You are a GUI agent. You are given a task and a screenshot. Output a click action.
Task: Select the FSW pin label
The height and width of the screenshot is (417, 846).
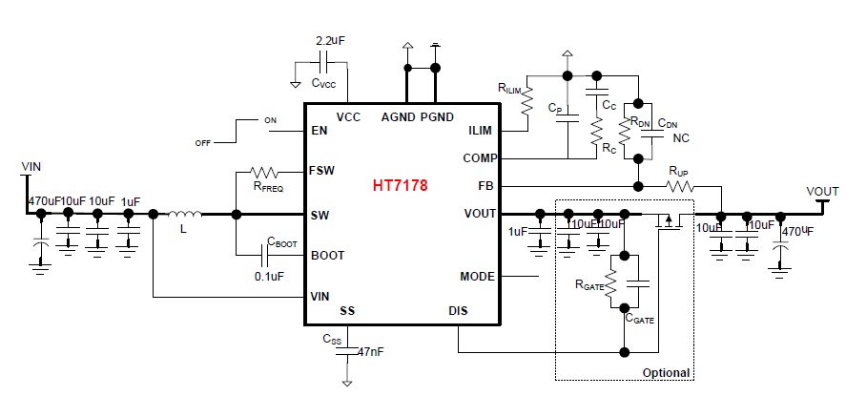tap(321, 173)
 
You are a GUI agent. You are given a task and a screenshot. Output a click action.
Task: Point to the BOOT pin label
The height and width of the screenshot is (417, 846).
tap(327, 256)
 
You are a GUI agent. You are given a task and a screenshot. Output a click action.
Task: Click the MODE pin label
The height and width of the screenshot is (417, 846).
tap(477, 277)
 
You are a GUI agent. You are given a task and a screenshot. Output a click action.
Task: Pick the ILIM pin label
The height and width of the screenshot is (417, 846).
tap(481, 131)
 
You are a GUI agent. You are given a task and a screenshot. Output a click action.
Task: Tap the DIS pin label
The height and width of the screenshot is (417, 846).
tap(458, 310)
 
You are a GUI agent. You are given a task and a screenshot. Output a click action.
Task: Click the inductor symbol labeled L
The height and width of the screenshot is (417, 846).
tap(187, 214)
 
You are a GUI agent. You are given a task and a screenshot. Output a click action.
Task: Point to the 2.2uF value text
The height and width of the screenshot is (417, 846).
tap(332, 42)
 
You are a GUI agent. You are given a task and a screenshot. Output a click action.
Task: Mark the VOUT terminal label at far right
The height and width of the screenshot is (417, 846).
tap(822, 191)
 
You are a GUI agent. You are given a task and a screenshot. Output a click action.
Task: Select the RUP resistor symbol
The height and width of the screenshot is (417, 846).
tap(678, 185)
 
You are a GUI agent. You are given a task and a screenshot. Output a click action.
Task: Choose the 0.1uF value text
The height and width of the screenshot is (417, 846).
tap(270, 277)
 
